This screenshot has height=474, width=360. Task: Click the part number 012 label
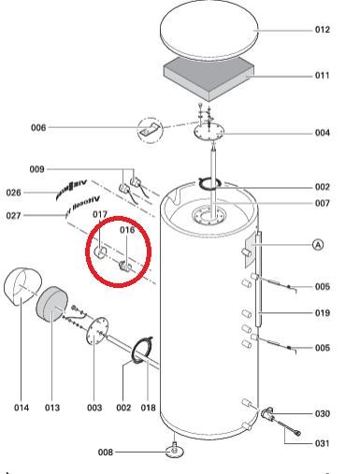click(323, 30)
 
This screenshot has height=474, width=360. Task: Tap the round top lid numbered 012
click(209, 30)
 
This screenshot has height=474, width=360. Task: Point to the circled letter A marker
click(318, 245)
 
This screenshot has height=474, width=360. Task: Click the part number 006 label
click(38, 127)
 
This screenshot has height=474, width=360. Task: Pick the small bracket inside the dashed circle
click(151, 130)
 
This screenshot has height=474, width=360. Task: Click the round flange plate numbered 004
click(209, 132)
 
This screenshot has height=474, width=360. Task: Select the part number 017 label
click(100, 214)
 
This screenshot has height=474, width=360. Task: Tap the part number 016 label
click(127, 230)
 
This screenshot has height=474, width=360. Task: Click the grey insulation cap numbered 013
click(51, 304)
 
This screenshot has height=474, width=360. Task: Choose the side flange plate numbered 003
click(97, 331)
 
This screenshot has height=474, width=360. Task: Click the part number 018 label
click(148, 408)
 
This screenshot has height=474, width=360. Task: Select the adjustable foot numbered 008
click(175, 450)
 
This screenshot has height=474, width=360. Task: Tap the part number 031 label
click(323, 443)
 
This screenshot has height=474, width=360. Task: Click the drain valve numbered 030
click(267, 413)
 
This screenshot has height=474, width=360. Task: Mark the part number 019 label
click(323, 313)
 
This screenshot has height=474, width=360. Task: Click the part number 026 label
click(14, 193)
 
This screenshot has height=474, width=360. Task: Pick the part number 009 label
click(36, 169)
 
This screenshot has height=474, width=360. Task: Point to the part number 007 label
click(323, 203)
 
